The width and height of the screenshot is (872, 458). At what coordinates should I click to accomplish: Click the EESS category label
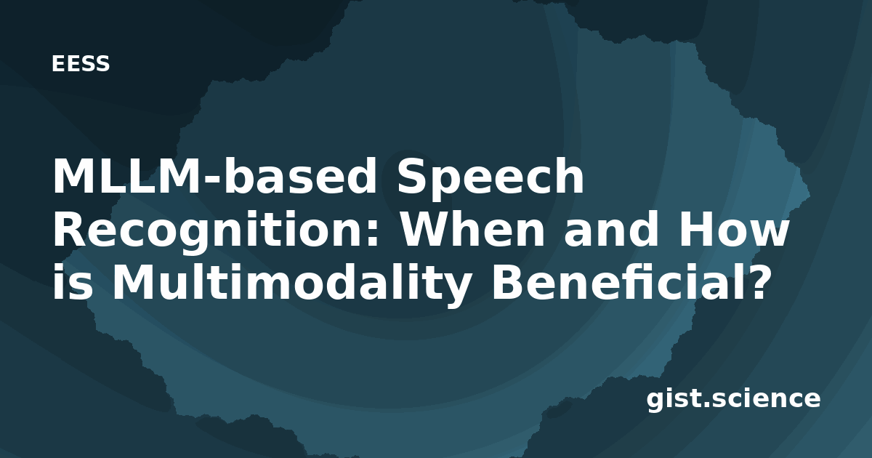[81, 63]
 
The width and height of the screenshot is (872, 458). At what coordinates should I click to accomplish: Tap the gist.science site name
[733, 400]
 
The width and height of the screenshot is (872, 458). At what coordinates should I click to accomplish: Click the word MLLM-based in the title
[214, 176]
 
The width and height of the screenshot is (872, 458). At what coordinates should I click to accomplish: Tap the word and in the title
[611, 229]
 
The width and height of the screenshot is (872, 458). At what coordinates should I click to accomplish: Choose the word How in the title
[734, 229]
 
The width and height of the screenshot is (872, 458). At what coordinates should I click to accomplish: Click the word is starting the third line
[73, 282]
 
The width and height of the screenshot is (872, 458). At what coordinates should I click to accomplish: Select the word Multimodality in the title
[291, 286]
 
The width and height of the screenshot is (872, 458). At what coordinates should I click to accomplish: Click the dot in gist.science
[705, 404]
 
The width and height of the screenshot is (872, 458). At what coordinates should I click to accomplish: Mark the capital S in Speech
[413, 176]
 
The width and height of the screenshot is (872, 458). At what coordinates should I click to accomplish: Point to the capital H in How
[697, 229]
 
